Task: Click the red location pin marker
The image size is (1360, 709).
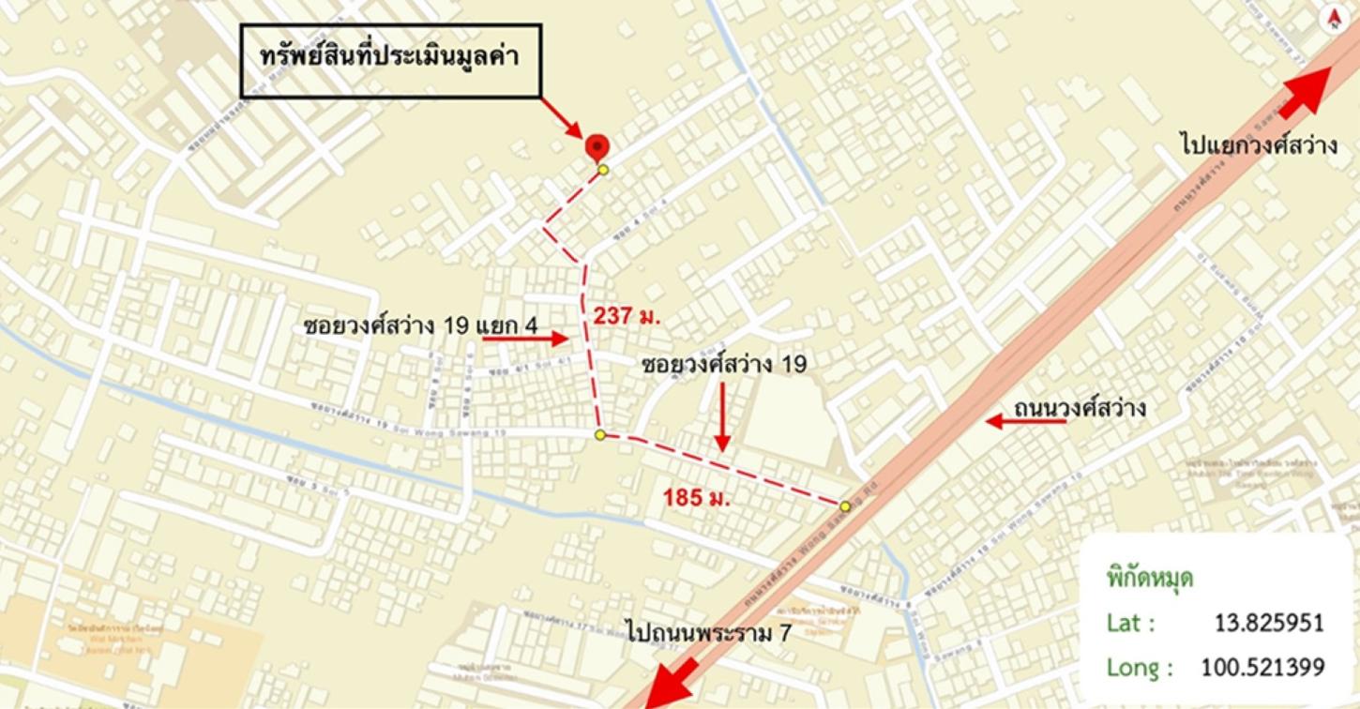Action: tap(597, 147)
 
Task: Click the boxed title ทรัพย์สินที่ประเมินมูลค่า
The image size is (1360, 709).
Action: tap(390, 59)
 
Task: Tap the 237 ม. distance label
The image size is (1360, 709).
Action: tap(627, 316)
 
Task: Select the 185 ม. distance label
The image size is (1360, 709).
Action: tap(697, 497)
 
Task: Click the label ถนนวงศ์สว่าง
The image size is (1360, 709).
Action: tap(1080, 409)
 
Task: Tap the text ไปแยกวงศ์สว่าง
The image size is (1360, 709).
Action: tap(1257, 146)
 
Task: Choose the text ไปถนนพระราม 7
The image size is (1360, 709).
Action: tap(709, 633)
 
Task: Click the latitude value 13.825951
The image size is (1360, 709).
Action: tap(1268, 624)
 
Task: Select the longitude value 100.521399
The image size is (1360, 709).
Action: tap(1262, 668)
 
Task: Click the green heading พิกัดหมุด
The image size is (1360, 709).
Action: tap(1150, 578)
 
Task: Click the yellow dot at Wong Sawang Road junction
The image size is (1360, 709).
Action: tap(845, 506)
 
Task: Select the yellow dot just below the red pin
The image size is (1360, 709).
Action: tap(603, 170)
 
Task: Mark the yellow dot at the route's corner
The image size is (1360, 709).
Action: tap(600, 435)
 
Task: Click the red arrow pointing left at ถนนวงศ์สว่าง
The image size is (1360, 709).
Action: tap(1025, 422)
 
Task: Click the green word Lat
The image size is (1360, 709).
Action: tap(1130, 624)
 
